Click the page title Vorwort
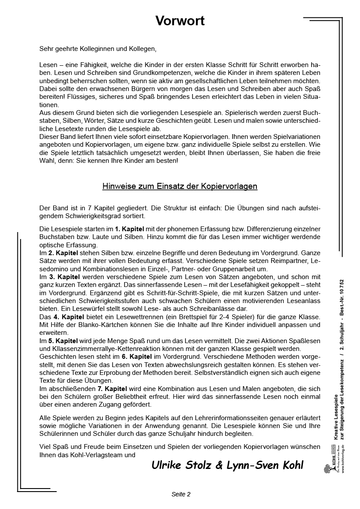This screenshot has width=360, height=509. pyautogui.click(x=180, y=21)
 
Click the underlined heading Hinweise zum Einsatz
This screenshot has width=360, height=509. pyautogui.click(x=180, y=186)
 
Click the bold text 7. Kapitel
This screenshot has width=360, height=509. pyautogui.click(x=112, y=389)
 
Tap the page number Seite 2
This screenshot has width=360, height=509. pyautogui.click(x=181, y=494)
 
